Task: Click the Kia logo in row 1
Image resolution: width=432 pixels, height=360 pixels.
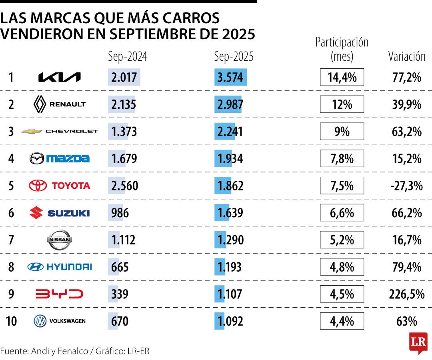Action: [59, 77]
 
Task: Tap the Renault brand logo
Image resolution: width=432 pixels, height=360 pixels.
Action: [59, 104]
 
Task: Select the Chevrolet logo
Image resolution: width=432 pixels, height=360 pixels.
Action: [60, 131]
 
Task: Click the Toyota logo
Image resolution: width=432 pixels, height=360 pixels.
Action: [60, 186]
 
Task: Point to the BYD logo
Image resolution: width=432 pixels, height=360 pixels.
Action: [59, 294]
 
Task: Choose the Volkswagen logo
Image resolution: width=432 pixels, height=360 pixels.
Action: [60, 321]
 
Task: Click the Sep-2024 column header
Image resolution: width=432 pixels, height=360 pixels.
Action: [128, 57]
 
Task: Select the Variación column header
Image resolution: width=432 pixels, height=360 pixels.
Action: [407, 57]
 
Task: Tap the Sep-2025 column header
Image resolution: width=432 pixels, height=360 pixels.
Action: [234, 57]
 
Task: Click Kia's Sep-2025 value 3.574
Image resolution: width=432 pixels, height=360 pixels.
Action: [230, 77]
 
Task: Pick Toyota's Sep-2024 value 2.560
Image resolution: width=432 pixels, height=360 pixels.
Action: [125, 186]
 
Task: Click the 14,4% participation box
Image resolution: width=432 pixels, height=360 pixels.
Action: [342, 77]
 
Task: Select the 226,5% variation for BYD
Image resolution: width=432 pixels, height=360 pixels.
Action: [406, 294]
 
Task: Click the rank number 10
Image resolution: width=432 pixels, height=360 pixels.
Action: [12, 321]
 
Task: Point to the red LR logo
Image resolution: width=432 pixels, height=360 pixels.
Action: [418, 342]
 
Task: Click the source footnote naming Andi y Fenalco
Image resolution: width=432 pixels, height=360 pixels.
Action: [75, 351]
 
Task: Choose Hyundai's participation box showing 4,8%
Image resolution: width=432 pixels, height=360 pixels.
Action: [342, 267]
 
